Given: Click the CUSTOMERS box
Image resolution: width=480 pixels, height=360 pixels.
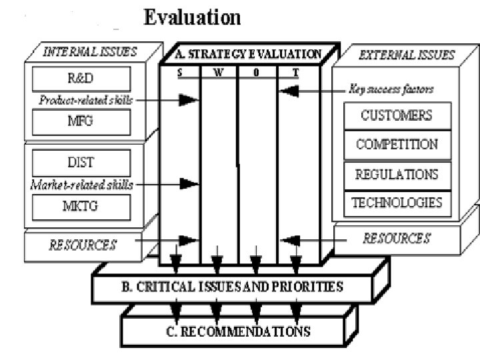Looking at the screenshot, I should (x=397, y=116).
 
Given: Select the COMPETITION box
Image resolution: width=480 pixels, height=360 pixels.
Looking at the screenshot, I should (x=397, y=145).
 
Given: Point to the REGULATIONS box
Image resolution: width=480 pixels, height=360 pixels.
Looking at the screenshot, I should (x=397, y=174).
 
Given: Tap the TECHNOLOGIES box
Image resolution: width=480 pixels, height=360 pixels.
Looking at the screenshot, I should (x=397, y=202).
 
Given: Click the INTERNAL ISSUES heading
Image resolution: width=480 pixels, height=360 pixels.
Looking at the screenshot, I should (x=90, y=53).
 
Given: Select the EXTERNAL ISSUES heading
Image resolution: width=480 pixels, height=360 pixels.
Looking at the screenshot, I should (x=407, y=55).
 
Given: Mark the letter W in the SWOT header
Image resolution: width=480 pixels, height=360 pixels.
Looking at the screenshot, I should (x=219, y=73).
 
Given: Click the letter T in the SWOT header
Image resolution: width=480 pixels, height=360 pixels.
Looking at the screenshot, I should (x=296, y=73).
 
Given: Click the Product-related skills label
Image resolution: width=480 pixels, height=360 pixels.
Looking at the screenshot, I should (x=85, y=101).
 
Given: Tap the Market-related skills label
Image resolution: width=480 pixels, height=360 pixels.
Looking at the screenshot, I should (x=81, y=185).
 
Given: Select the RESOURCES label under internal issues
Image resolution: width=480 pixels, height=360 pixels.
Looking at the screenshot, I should (x=82, y=244).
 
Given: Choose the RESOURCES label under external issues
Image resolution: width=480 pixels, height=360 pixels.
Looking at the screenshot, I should (x=396, y=238).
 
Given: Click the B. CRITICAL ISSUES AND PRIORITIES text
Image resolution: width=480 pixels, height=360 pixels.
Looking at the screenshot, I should (x=232, y=288).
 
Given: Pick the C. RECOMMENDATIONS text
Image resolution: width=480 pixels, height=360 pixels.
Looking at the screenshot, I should (x=234, y=330).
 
